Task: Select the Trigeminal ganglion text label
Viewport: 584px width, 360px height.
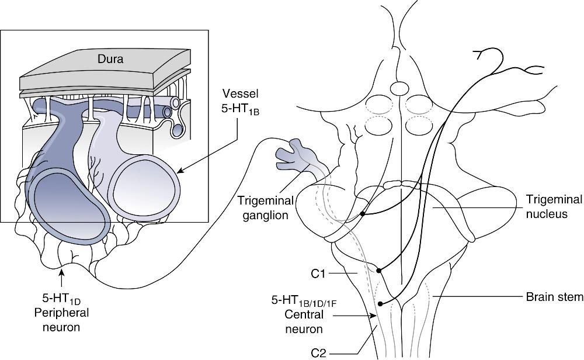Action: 266,207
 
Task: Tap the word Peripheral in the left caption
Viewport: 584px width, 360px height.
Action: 61,313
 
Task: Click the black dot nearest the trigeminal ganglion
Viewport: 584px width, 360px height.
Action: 363,214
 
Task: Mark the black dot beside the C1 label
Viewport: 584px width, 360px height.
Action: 379,270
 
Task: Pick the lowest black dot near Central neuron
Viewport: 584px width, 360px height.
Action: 381,303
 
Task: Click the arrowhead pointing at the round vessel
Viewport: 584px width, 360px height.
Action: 179,171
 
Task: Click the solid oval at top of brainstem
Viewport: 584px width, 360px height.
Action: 399,89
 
